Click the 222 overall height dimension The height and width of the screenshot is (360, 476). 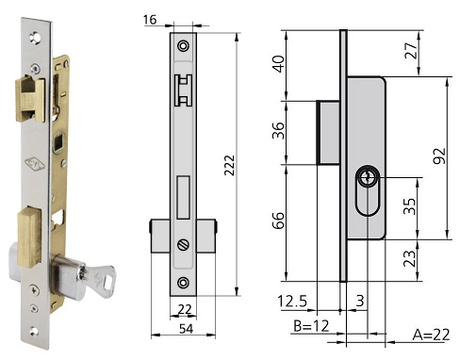click(x=229, y=165)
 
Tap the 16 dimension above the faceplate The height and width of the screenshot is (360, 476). click(x=150, y=20)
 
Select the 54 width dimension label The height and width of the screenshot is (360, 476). click(x=186, y=329)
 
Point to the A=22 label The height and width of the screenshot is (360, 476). click(x=431, y=335)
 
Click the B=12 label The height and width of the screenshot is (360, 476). click(x=311, y=326)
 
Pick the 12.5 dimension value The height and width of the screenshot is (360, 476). click(x=292, y=302)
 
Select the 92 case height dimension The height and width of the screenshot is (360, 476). click(x=439, y=155)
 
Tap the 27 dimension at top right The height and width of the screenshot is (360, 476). click(x=411, y=50)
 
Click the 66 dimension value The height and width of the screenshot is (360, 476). click(x=279, y=221)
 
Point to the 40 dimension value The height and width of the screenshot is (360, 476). click(x=279, y=64)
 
